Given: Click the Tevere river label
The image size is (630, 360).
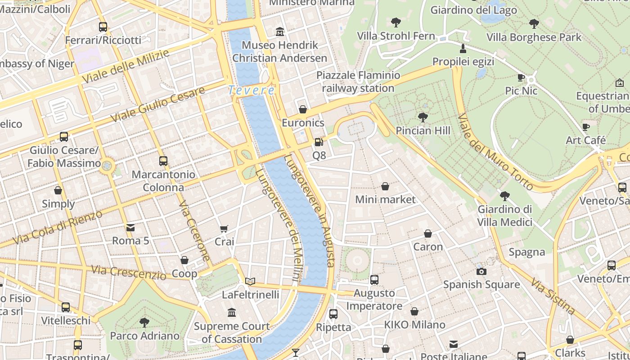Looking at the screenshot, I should click(252, 90).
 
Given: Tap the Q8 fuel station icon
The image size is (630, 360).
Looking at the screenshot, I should click(319, 142).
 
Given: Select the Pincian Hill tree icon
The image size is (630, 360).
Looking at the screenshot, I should click(423, 117).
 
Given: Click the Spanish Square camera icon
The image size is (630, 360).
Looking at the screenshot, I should click(481, 271).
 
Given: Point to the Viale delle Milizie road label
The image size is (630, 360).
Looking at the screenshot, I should click(126, 66).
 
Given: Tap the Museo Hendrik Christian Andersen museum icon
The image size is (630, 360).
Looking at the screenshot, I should click(280, 31).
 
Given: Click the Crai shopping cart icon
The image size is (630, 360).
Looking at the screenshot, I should click(224, 229).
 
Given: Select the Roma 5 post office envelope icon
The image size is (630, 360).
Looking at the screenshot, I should click(130, 228).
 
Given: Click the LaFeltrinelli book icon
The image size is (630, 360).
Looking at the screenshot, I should click(250, 281).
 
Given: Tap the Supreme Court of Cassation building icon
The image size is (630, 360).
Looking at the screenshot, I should click(232, 312).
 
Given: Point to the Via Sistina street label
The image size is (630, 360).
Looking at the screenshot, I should click(553, 297).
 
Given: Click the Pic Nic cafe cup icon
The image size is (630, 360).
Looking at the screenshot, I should click(521, 77).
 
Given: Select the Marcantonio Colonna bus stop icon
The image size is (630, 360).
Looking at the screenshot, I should click(163, 161).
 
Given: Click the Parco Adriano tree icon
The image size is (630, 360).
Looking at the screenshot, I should click(144, 322).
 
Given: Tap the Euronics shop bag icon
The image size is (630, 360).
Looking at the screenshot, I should click(303, 109).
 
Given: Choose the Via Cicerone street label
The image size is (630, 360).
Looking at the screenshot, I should click(194, 230).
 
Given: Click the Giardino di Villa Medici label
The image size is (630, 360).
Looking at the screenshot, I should click(505, 216).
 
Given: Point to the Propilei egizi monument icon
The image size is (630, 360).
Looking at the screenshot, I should click(463, 48).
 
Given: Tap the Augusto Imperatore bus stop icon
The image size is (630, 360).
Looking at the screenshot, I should click(374, 280).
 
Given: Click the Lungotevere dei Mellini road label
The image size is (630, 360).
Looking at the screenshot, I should click(278, 225).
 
